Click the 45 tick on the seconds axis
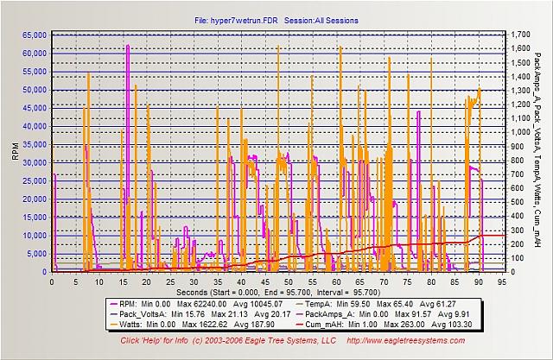pos(264,280)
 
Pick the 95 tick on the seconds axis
pos(502,280)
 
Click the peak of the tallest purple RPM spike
pos(128,45)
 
